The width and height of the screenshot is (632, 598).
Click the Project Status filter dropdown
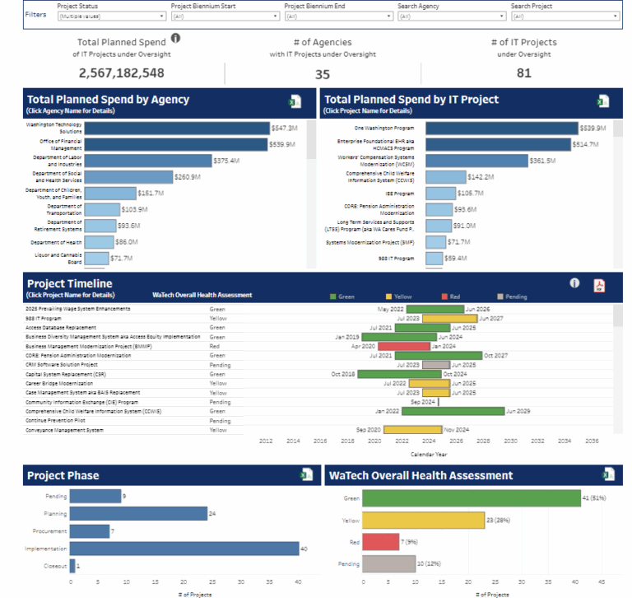(109, 16)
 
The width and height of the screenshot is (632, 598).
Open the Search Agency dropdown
(448, 16)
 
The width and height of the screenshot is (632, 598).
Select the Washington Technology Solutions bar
(177, 128)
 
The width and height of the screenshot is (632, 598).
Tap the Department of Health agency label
(57, 242)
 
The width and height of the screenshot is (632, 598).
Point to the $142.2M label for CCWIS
(481, 177)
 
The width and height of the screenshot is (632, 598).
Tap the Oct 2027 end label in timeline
(495, 356)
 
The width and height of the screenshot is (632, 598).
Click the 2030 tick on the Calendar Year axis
(510, 441)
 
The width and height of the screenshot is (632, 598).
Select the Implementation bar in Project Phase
(184, 548)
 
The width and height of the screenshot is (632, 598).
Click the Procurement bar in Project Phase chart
(90, 531)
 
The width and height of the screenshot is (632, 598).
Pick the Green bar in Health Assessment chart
(471, 498)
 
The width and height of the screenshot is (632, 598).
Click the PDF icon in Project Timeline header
(598, 285)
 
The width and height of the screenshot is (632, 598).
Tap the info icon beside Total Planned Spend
(176, 38)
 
